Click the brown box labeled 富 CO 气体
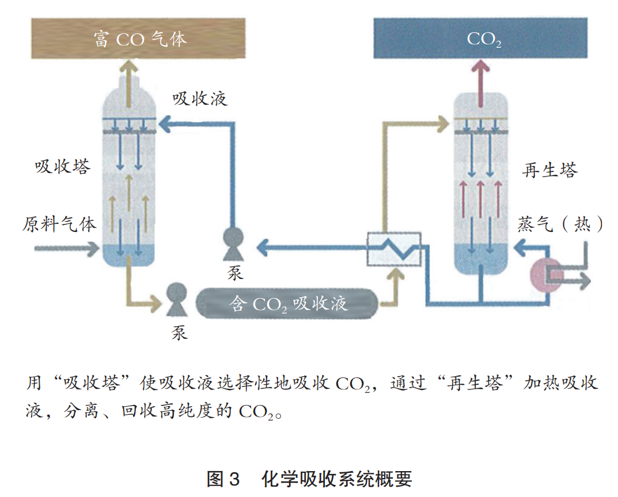pos(138,39)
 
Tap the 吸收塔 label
pos(62,167)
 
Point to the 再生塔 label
pos(549,170)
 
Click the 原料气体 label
pos(59,223)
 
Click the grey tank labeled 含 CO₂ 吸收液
pos(287,303)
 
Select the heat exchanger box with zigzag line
pos(394,249)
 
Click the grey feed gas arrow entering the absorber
pos(67,249)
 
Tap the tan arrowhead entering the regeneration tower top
pos(442,122)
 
